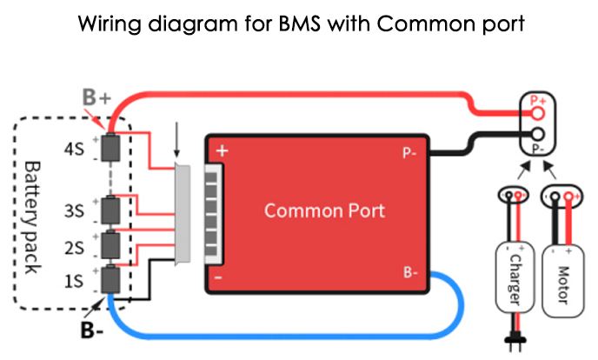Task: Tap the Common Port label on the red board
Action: click(x=324, y=210)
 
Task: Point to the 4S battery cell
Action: click(x=110, y=148)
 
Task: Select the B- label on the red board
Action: click(x=412, y=272)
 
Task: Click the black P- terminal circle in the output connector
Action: click(x=539, y=134)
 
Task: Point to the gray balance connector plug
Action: click(x=184, y=214)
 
